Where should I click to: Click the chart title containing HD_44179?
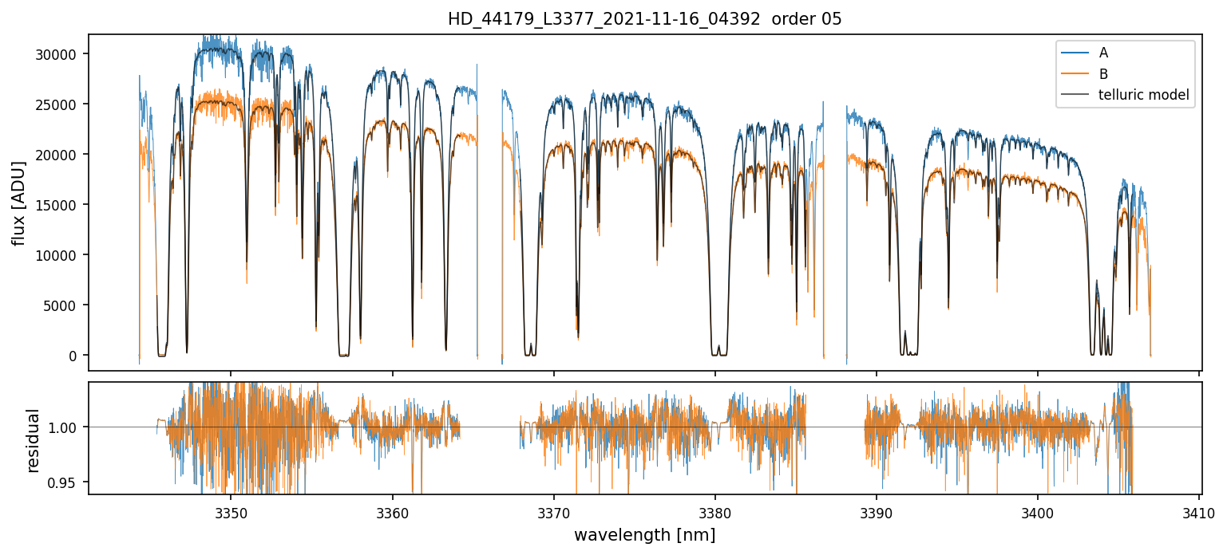click(x=644, y=19)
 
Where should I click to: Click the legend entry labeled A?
click(x=1103, y=53)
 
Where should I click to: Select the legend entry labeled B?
click(x=1103, y=74)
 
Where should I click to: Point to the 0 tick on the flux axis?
click(x=73, y=356)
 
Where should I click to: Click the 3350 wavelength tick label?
click(x=231, y=511)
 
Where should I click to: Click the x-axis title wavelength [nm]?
click(x=644, y=534)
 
